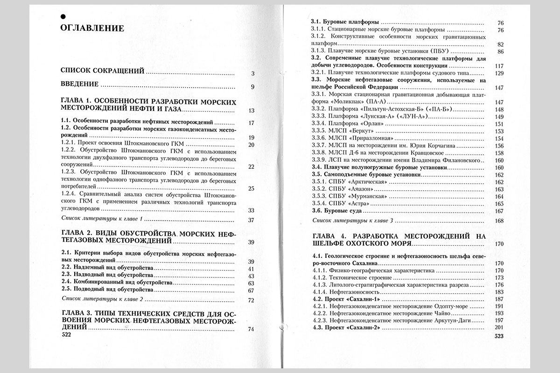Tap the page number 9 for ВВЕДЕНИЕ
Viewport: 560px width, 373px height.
coord(252,86)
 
